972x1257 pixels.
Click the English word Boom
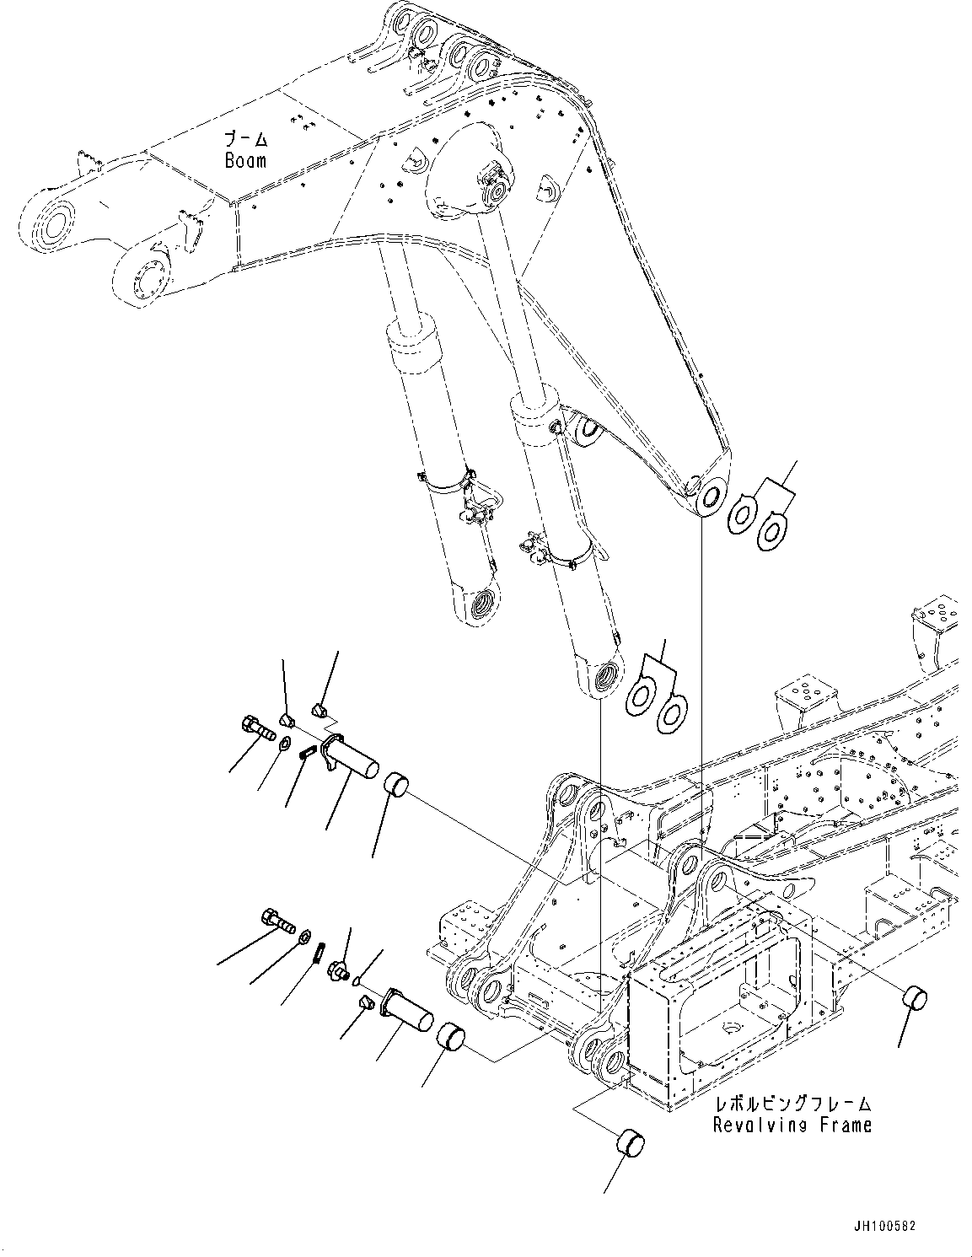[x=244, y=159]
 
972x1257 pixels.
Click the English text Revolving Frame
[x=792, y=1124]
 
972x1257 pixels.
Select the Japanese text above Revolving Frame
[x=792, y=1104]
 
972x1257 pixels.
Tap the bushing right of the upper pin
[x=396, y=782]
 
